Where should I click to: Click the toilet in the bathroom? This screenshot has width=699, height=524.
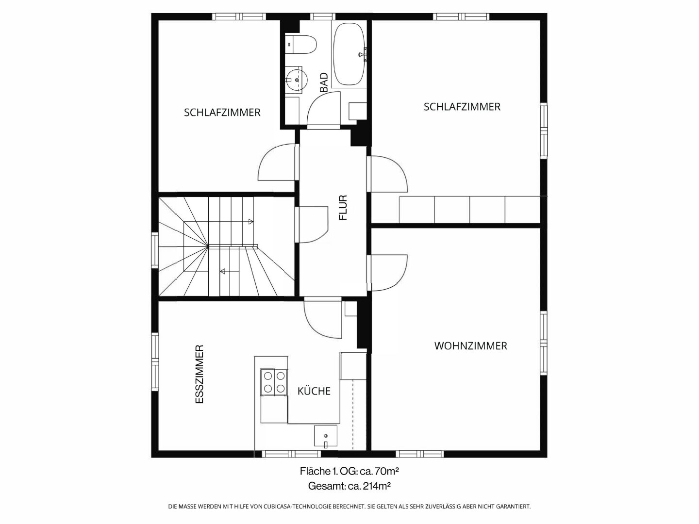tap(300, 44)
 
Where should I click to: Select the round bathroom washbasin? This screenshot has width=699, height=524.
tap(296, 80)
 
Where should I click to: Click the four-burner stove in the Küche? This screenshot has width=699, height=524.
tap(274, 382)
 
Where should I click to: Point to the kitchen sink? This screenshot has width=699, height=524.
tap(325, 436)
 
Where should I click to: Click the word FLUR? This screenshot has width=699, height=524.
tap(343, 208)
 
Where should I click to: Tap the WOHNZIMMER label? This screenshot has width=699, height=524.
tap(471, 346)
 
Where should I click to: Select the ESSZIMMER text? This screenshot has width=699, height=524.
tap(200, 375)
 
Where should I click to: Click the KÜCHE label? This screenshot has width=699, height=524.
tap(314, 391)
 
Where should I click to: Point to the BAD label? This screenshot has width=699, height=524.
tap(324, 82)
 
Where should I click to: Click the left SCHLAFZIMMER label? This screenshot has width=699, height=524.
tap(222, 113)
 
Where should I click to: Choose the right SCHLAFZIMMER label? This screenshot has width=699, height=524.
tap(462, 107)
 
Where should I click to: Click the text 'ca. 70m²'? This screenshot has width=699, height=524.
tap(379, 471)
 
